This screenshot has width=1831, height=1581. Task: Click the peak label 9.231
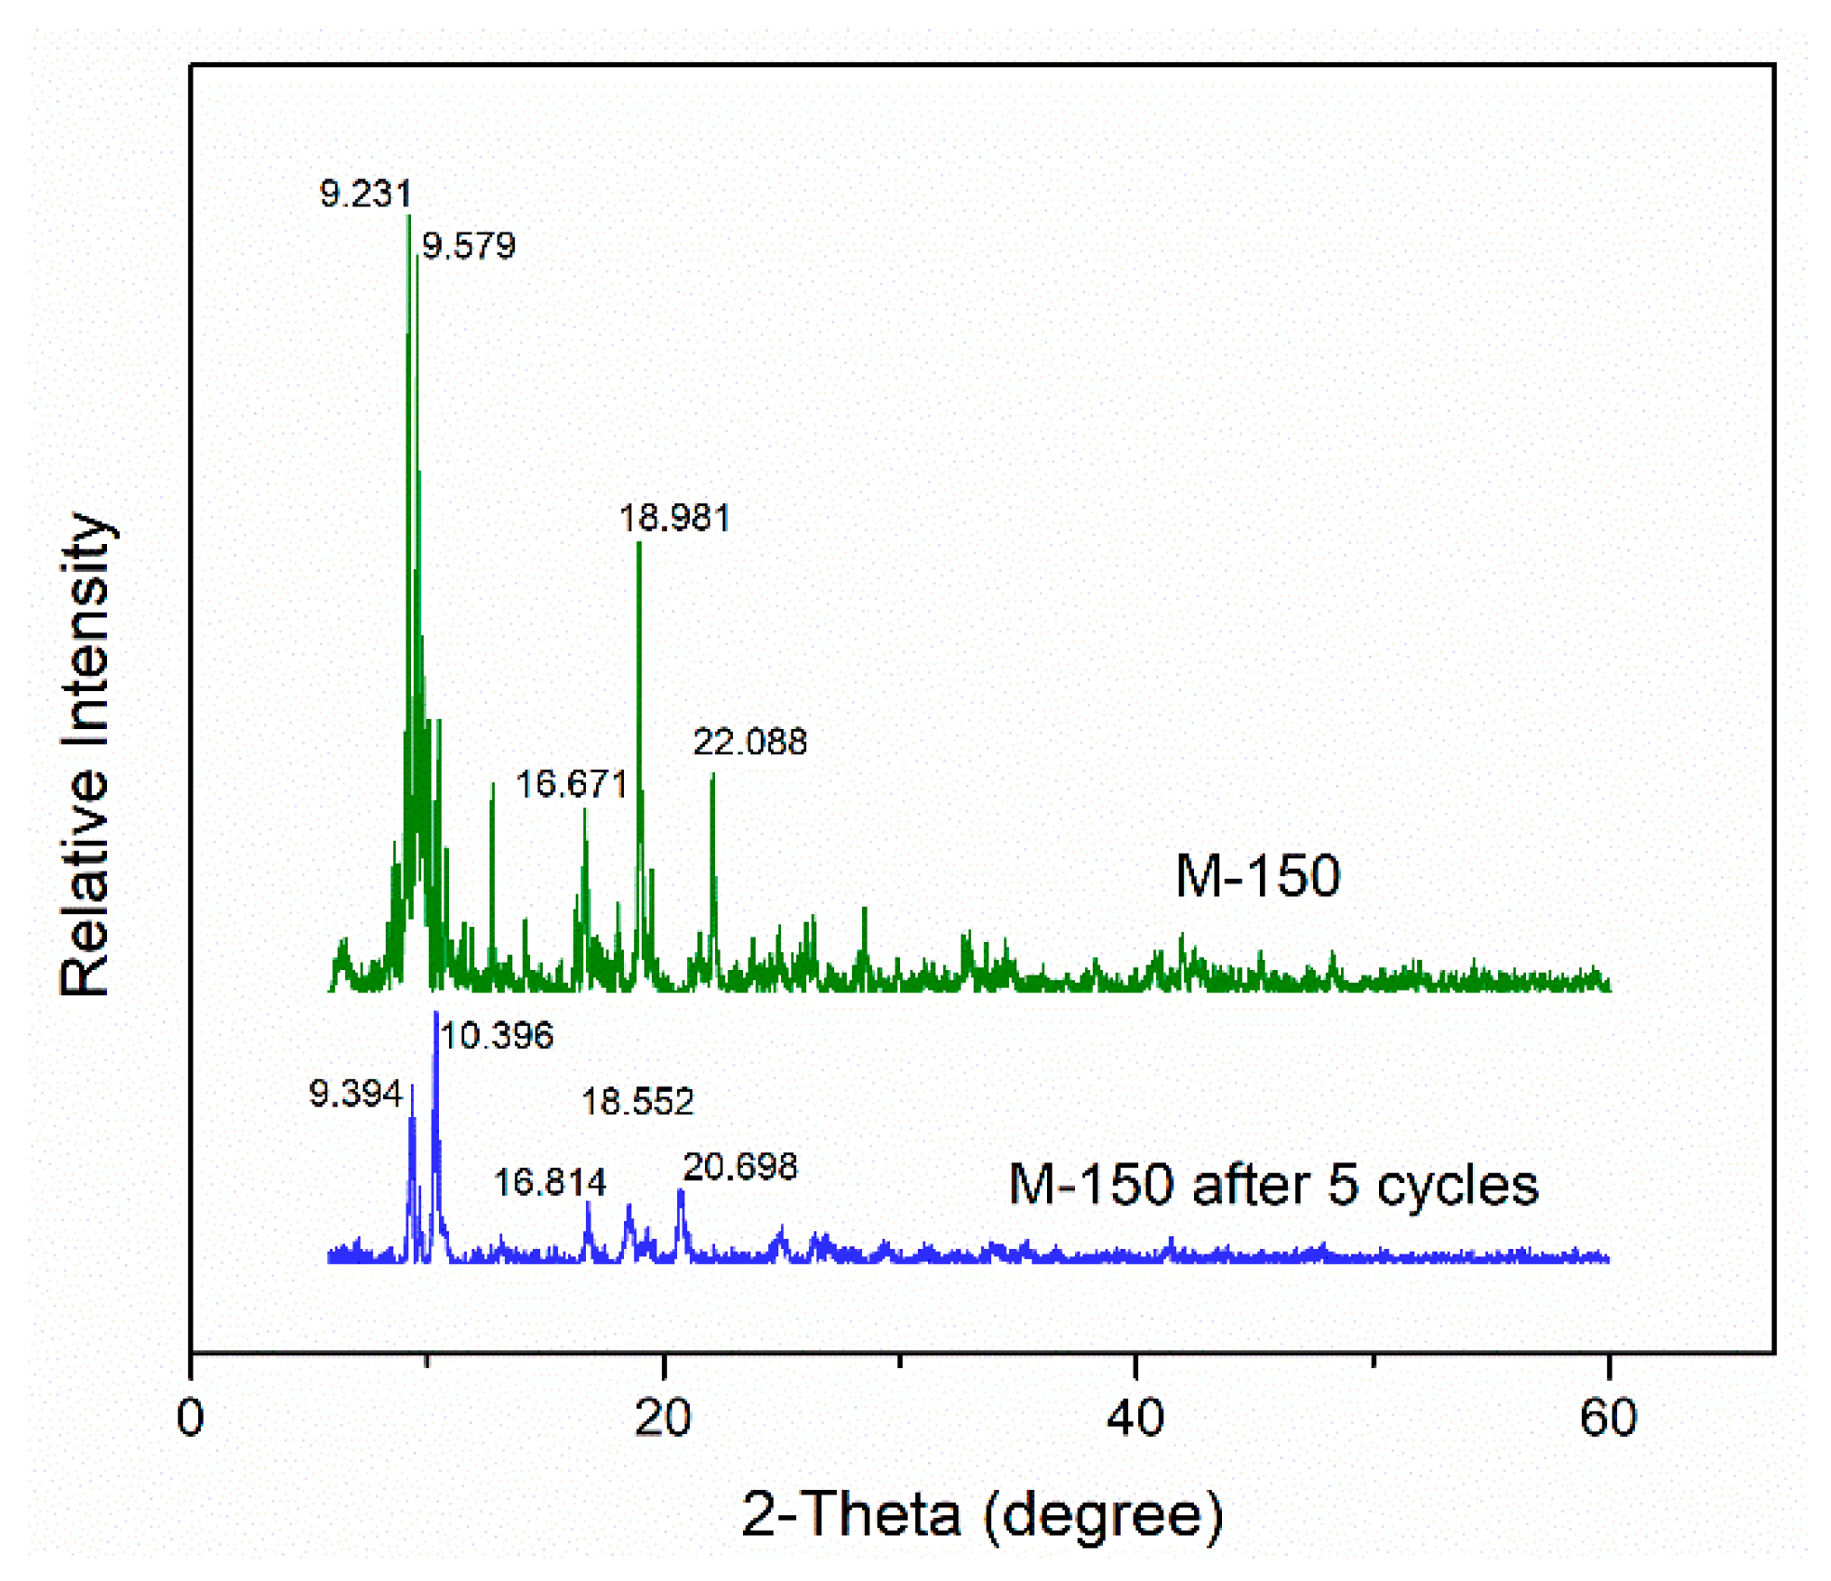point(365,193)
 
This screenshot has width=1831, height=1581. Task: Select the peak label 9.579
point(469,246)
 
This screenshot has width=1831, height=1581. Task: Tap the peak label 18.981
point(674,518)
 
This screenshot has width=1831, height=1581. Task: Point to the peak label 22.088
point(750,742)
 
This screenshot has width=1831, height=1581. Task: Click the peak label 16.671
point(571,784)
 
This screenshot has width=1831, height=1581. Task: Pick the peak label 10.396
point(497,1035)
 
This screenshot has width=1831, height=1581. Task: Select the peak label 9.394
point(355,1094)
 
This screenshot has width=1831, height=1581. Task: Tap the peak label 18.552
point(637,1102)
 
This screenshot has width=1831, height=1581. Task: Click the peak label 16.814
point(550,1183)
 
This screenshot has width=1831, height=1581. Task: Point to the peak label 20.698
point(740,1166)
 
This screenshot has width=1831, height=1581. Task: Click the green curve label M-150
point(1257,875)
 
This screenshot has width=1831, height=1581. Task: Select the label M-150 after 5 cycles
point(1273,1185)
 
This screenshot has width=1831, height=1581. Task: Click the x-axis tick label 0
point(191,1418)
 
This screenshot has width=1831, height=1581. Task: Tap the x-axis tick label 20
point(663,1418)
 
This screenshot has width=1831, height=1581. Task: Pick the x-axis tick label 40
point(1135,1418)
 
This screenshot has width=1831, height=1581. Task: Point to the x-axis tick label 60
point(1608,1418)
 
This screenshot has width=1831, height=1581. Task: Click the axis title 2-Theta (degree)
point(981,1515)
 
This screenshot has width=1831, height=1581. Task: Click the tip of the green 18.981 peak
point(639,543)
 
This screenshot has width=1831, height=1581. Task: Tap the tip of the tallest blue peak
point(436,1014)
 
